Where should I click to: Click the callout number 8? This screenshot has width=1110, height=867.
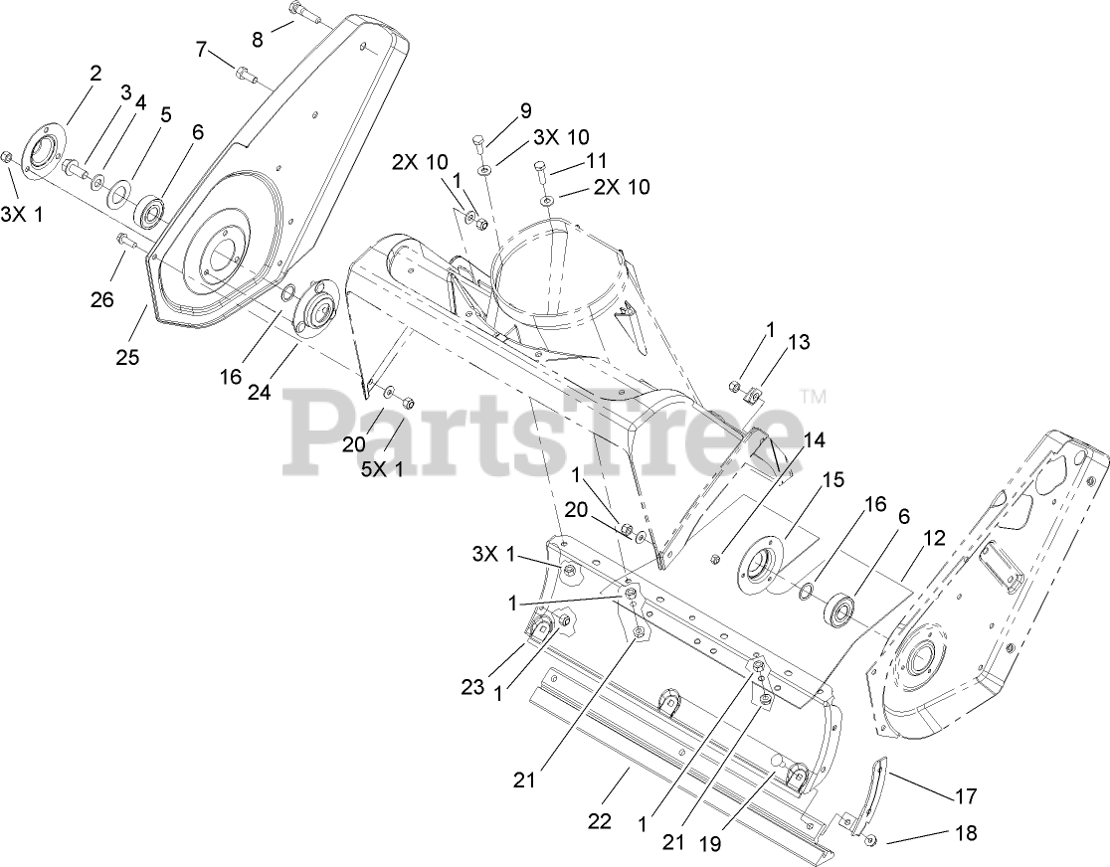(258, 40)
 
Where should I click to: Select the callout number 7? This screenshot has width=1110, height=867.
(202, 48)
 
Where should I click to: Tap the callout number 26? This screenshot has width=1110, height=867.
(102, 298)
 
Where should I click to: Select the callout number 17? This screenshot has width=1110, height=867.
(965, 795)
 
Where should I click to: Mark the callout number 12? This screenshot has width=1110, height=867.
(933, 539)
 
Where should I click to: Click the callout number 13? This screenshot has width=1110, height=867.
(799, 342)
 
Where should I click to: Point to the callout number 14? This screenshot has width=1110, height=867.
(814, 438)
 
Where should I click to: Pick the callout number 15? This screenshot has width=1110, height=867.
(832, 479)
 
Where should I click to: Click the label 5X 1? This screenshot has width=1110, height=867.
(381, 468)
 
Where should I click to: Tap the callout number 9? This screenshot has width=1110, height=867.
(524, 110)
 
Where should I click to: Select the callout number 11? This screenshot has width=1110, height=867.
(596, 159)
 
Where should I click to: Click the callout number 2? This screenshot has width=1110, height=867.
(95, 72)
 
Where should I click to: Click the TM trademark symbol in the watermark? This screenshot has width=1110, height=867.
(813, 397)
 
